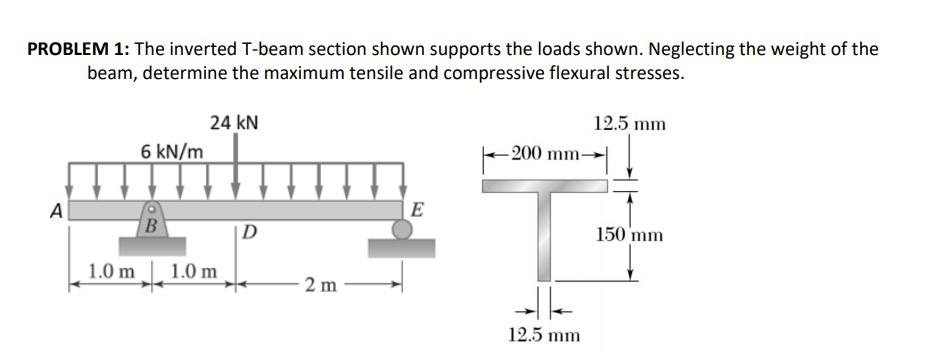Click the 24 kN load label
point(235,123)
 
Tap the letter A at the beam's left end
point(58,211)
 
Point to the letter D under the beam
point(251,234)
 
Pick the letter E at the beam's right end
point(417,209)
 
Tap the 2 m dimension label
point(321,286)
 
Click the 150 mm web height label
point(629,236)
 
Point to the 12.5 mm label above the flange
point(629,124)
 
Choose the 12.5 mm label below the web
point(543,335)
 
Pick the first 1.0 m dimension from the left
point(111,271)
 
